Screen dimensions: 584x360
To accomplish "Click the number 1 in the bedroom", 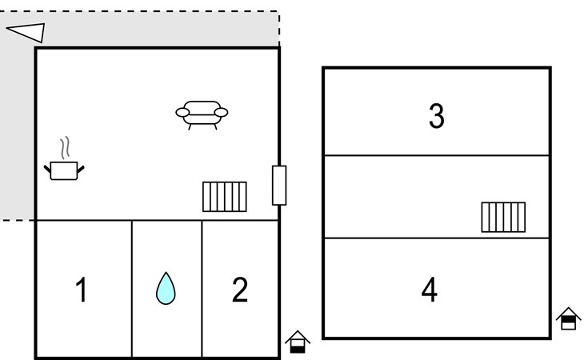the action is pyautogui.click(x=82, y=290).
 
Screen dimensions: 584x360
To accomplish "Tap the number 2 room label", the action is pyautogui.click(x=239, y=290).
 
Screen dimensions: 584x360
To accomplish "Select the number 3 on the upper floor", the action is pyautogui.click(x=437, y=116).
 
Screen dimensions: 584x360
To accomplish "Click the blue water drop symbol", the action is pyautogui.click(x=166, y=289).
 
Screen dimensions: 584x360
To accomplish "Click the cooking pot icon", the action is pyautogui.click(x=64, y=170).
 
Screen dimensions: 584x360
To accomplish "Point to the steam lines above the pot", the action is pyautogui.click(x=65, y=148).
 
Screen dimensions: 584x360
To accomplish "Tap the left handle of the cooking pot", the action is pyautogui.click(x=47, y=169).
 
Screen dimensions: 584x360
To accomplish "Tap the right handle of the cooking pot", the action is pyautogui.click(x=81, y=170).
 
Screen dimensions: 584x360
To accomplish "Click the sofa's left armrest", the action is pyautogui.click(x=182, y=113).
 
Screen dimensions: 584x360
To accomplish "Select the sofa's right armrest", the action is pyautogui.click(x=222, y=113).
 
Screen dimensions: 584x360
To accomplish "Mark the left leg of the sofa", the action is pyautogui.click(x=190, y=127).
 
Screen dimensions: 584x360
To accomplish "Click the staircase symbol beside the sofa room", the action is pyautogui.click(x=225, y=197).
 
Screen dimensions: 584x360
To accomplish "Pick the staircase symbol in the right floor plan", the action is pyautogui.click(x=503, y=217).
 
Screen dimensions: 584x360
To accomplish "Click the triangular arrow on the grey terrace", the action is pyautogui.click(x=26, y=32).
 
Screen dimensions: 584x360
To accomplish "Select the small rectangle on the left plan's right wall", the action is pyautogui.click(x=279, y=186).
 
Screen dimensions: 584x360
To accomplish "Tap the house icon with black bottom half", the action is pyautogui.click(x=298, y=342).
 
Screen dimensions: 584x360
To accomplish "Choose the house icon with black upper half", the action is pyautogui.click(x=568, y=318).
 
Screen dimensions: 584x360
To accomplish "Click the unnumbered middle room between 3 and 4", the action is pyautogui.click(x=437, y=197).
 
